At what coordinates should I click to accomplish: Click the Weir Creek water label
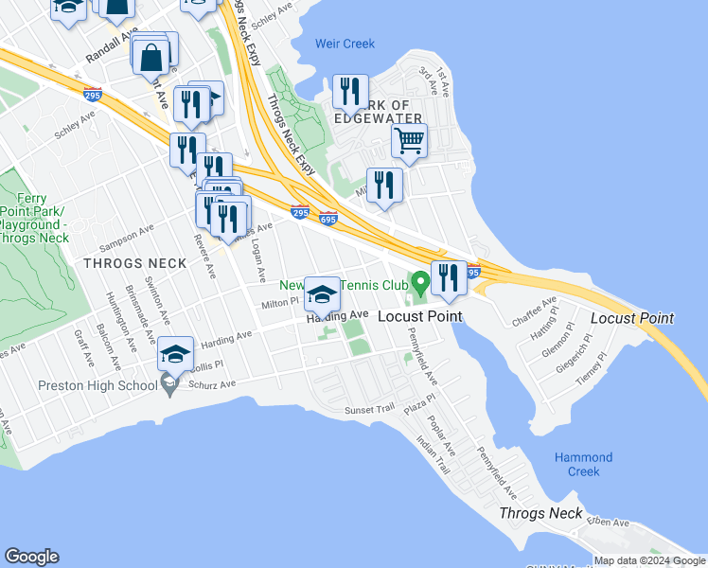pos(345,44)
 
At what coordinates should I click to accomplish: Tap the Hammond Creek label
pos(583,464)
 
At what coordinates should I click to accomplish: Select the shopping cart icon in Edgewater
pos(409,142)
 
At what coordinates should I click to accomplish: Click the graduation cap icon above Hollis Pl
pos(175,355)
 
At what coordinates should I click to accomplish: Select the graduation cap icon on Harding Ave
pos(323,295)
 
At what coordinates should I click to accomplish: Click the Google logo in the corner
pos(31,557)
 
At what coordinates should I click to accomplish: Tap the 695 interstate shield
pos(328,219)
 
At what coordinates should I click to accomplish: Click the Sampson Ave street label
pos(133,232)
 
